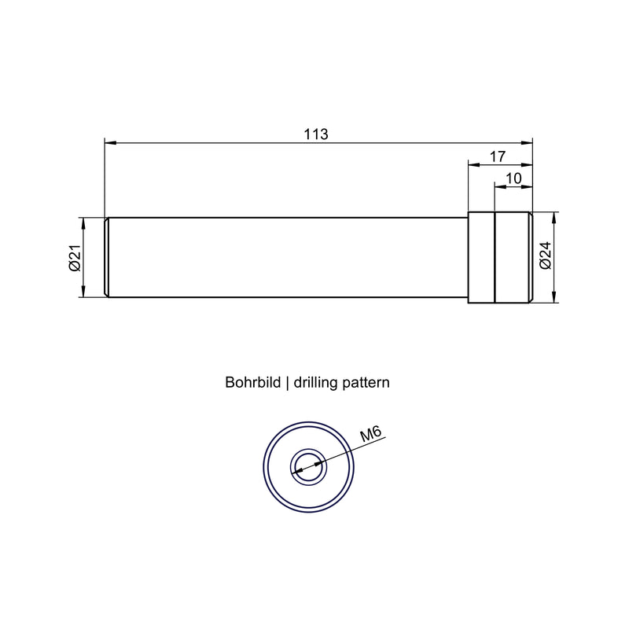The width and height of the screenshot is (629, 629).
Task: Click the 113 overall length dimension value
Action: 316,134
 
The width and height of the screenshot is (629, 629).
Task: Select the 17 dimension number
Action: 498,156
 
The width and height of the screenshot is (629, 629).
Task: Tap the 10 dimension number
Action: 513,178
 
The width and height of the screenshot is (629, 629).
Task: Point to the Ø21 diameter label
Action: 75,258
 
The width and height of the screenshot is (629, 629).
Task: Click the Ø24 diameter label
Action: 546,256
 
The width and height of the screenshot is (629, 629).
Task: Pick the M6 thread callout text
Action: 370,435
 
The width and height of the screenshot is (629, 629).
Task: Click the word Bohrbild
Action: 252,382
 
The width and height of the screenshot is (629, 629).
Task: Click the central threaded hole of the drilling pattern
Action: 308,467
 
